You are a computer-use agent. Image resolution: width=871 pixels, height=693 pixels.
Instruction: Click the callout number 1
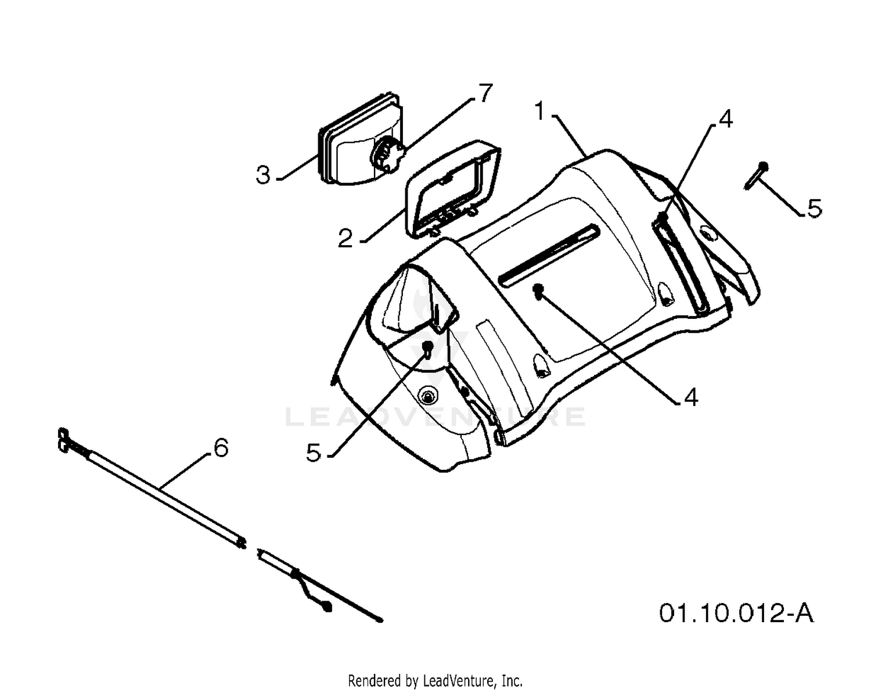(541, 112)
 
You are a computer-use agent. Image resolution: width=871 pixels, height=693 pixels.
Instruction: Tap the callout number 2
(345, 239)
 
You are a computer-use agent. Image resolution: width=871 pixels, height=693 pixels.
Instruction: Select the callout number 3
(263, 175)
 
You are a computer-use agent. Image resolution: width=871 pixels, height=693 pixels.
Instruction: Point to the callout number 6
(221, 448)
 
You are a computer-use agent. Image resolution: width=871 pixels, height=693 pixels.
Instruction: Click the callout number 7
(485, 93)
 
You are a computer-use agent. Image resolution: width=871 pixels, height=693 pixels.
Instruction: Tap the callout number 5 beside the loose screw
(815, 208)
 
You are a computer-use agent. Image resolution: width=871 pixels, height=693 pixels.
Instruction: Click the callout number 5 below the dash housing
(314, 453)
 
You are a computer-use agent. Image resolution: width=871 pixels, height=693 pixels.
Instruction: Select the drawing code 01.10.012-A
(736, 613)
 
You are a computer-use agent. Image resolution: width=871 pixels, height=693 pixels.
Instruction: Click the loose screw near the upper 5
(755, 175)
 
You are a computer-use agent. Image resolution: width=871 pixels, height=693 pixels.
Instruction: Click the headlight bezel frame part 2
(453, 189)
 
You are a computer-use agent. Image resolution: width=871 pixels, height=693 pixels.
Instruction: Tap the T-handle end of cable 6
(63, 439)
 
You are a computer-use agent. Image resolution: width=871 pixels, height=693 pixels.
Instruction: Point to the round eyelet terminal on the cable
(327, 606)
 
